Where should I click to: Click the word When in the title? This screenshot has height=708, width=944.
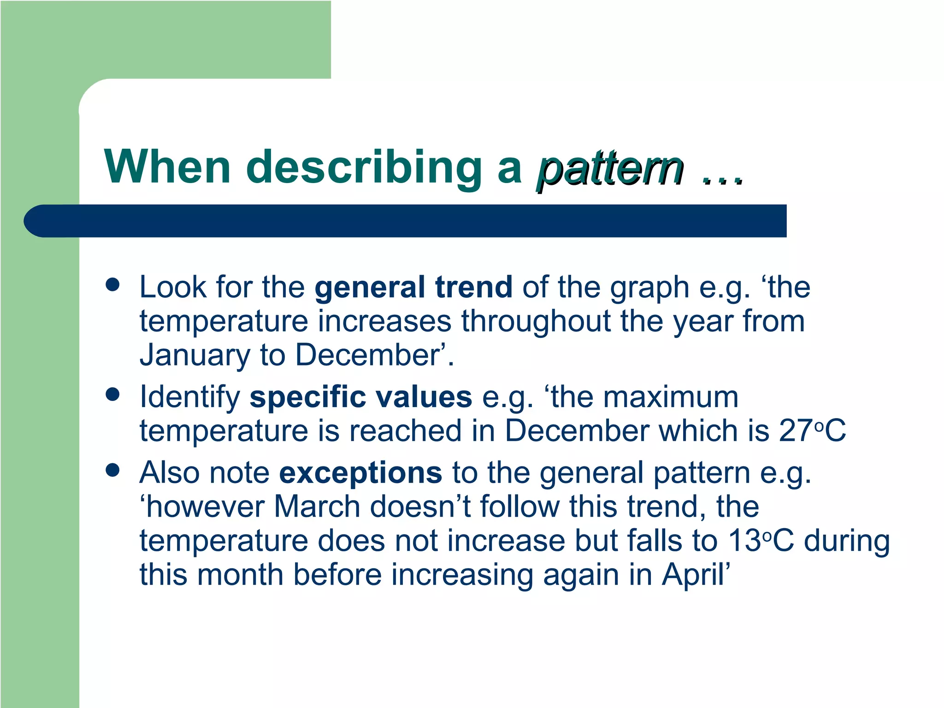click(167, 167)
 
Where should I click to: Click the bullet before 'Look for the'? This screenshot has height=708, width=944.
click(112, 284)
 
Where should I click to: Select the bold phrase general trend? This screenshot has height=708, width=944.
click(413, 288)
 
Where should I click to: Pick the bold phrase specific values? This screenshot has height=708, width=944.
click(360, 397)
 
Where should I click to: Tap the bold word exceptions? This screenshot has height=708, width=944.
click(360, 473)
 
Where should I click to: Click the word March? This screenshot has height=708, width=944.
click(316, 507)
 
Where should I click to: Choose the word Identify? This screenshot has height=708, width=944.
click(189, 397)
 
